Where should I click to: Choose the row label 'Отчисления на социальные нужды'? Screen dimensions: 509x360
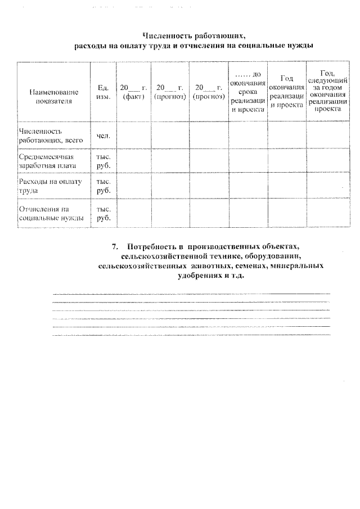coord(52,213)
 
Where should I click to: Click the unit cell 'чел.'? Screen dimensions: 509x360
coord(103,136)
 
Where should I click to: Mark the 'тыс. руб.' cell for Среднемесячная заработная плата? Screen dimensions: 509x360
coord(103,161)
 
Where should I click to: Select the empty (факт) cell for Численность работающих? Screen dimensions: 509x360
coord(133,136)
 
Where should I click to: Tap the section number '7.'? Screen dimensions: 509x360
coord(115,247)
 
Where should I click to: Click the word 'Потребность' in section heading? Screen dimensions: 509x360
coord(152,247)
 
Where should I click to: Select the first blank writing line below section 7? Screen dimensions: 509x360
coord(191,294)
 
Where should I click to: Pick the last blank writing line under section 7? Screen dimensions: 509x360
coord(191,335)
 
